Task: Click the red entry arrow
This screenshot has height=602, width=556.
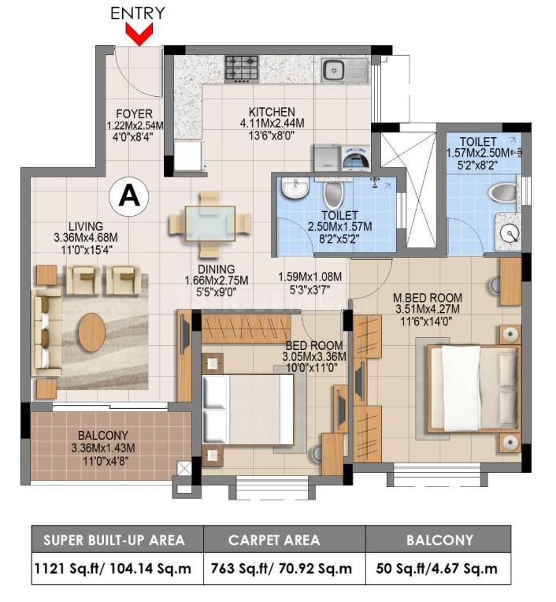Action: [x=139, y=34]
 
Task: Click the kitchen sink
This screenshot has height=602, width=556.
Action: [x=339, y=70]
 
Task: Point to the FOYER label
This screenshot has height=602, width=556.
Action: [x=134, y=114]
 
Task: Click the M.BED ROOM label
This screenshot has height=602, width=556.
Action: [x=428, y=297]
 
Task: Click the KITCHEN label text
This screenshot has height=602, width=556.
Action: [x=272, y=112]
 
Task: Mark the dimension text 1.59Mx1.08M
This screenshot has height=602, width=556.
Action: [x=310, y=277]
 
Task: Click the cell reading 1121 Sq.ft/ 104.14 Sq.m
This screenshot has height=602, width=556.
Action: [x=117, y=567]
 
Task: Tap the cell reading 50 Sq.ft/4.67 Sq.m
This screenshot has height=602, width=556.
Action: [x=438, y=567]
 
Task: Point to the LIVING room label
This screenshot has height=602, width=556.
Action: [x=85, y=225]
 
